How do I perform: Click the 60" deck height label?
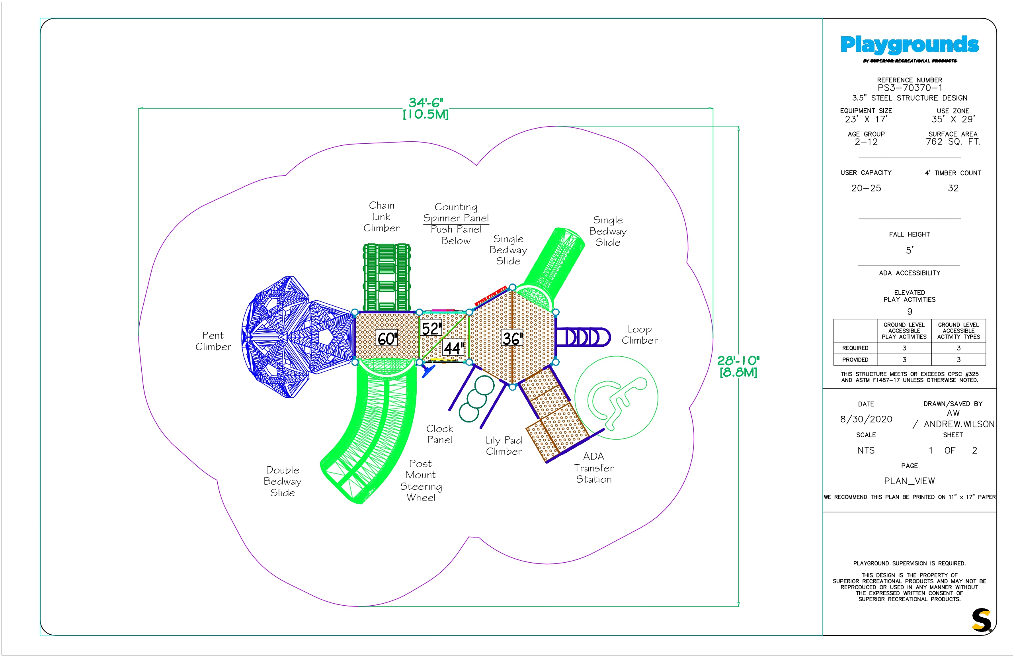click(387, 338)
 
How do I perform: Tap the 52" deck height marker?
click(431, 328)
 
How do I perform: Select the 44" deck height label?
click(453, 348)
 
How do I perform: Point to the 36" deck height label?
click(512, 338)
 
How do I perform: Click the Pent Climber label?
click(213, 341)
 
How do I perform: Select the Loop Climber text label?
click(640, 335)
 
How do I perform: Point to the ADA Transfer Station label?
click(593, 468)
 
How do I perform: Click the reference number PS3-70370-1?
click(909, 88)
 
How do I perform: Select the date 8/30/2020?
click(866, 419)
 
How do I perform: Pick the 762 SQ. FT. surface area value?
click(953, 142)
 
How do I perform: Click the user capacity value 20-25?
click(866, 188)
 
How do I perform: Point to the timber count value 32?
click(953, 188)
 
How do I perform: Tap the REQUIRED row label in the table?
click(855, 348)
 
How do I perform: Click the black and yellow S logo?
click(982, 620)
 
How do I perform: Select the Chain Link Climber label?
click(381, 217)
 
